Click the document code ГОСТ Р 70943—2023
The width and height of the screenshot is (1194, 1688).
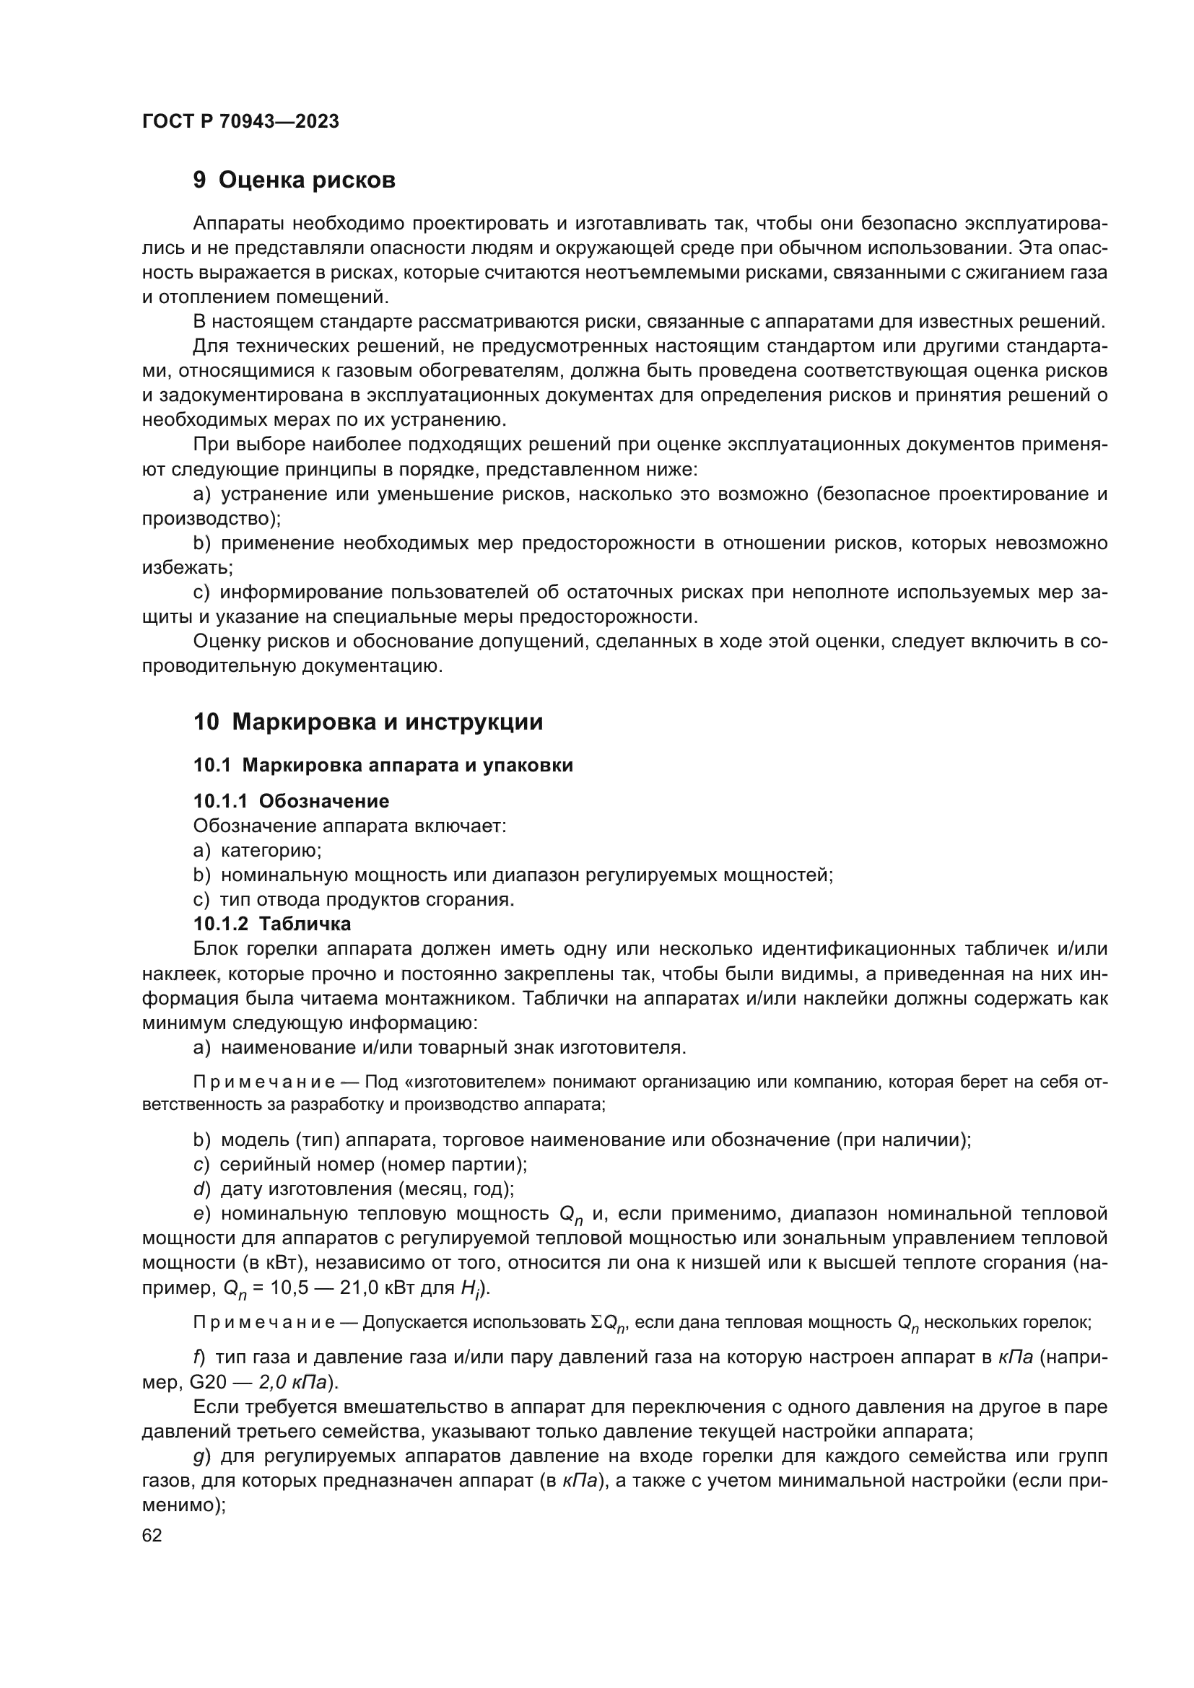(x=240, y=122)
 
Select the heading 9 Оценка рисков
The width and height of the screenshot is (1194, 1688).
(x=294, y=180)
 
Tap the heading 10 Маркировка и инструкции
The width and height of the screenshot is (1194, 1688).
(x=367, y=722)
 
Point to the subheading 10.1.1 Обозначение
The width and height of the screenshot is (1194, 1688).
(x=291, y=800)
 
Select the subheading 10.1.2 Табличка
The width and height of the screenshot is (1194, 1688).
(x=272, y=924)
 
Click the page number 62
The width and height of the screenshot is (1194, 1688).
(x=152, y=1535)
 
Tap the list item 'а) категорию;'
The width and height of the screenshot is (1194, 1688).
(x=257, y=851)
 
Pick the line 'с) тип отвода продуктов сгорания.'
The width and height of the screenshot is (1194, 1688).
(x=354, y=899)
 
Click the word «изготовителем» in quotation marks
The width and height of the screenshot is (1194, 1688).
(x=475, y=1083)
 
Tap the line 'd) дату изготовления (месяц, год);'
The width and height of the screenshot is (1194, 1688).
(x=354, y=1189)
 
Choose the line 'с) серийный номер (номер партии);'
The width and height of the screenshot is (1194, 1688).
(x=360, y=1165)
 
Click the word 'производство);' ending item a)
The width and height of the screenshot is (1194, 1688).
(x=212, y=518)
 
